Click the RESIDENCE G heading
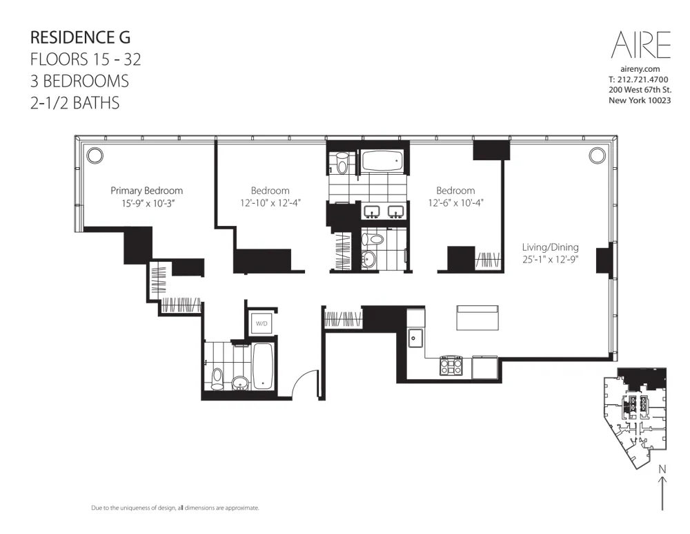(80, 37)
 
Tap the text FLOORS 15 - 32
(86, 59)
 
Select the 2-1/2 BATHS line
(75, 103)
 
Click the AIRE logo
(640, 45)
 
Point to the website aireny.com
(640, 70)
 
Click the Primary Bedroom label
(147, 191)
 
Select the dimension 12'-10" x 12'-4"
(270, 203)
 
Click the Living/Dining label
(550, 247)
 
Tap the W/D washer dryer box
(262, 323)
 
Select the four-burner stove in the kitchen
(451, 365)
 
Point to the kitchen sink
(416, 338)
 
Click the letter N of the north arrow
(662, 469)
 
